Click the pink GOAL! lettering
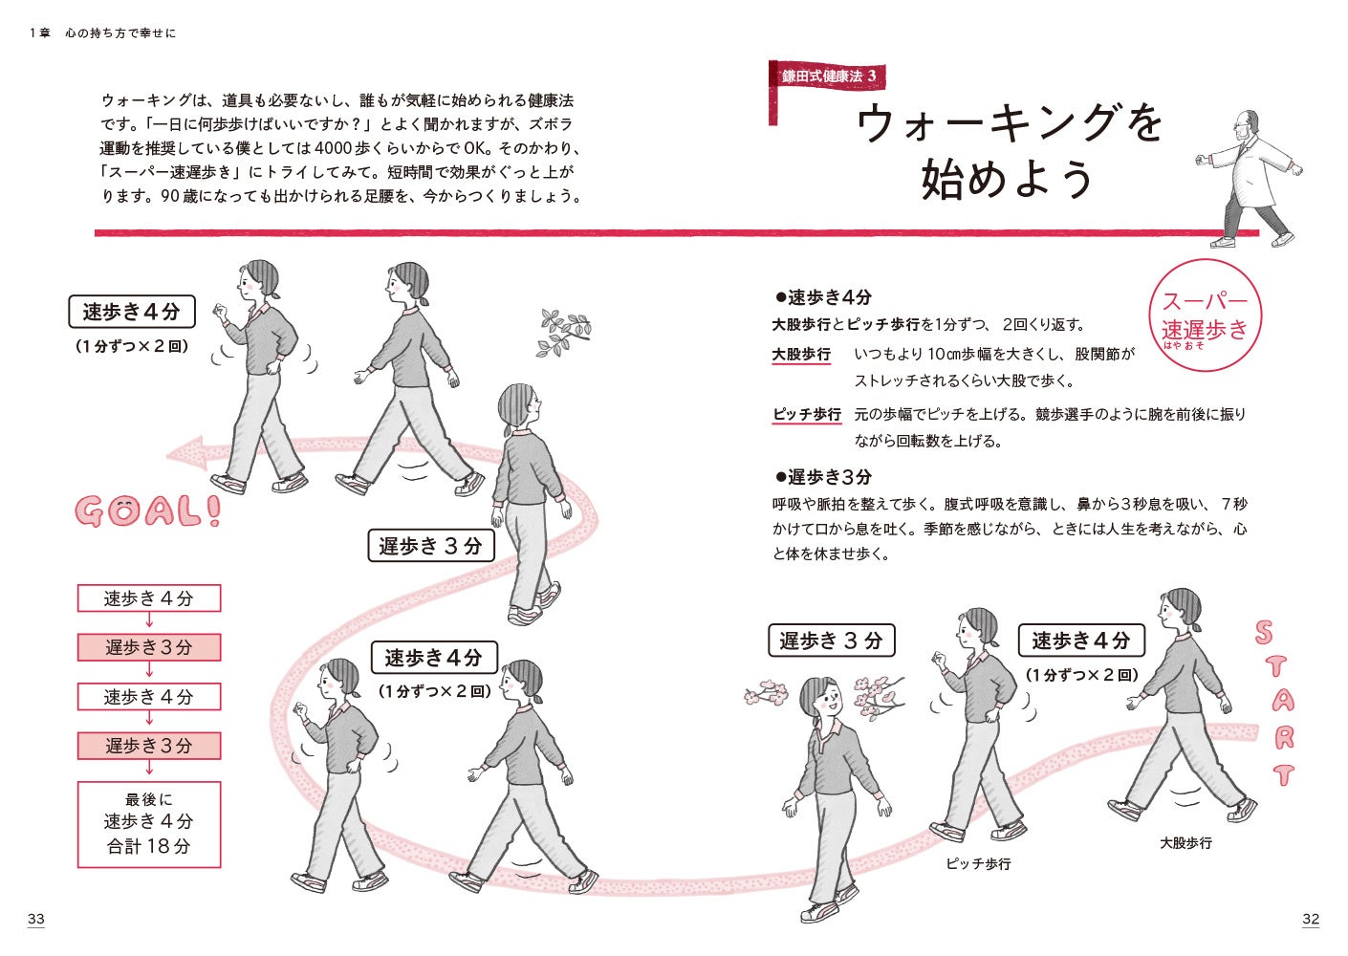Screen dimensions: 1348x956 point(148,512)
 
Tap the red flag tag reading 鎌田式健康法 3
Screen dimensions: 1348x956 point(828,76)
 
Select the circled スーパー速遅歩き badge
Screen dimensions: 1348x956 point(1205,315)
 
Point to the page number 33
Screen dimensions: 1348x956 point(36,919)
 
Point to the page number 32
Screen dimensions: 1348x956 point(1310,919)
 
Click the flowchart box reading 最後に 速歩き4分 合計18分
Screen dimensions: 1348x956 point(149,824)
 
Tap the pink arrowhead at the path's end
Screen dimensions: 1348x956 point(187,453)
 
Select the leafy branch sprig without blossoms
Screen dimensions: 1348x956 point(563,333)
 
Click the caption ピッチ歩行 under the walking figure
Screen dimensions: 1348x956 point(979,864)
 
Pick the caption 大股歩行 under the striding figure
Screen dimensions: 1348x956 point(1186,843)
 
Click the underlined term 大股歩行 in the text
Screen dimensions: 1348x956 point(801,355)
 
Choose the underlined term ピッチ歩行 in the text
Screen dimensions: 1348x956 point(807,415)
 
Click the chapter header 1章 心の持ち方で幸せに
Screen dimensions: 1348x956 point(102,33)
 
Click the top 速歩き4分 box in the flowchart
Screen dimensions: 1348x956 point(149,598)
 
